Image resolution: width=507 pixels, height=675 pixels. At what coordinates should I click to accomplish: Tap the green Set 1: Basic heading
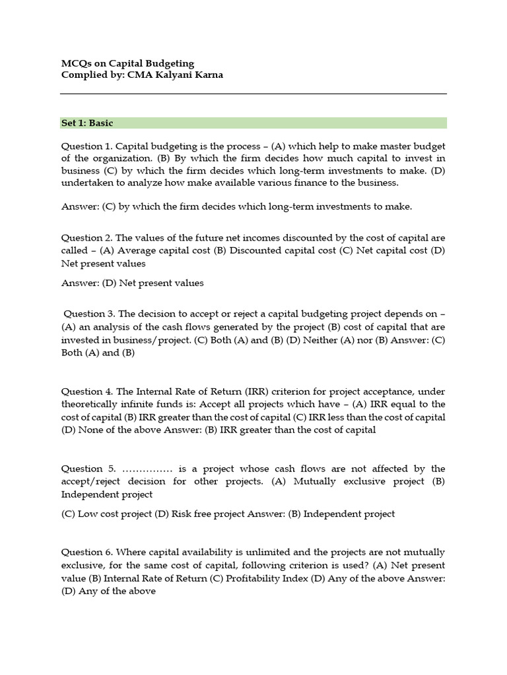coord(87,123)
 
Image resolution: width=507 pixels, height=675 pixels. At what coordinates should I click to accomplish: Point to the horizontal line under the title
coord(253,94)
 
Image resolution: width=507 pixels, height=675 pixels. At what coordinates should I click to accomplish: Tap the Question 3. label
coord(90,314)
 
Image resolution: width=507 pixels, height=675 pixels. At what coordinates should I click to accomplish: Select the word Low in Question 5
coord(88,514)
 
